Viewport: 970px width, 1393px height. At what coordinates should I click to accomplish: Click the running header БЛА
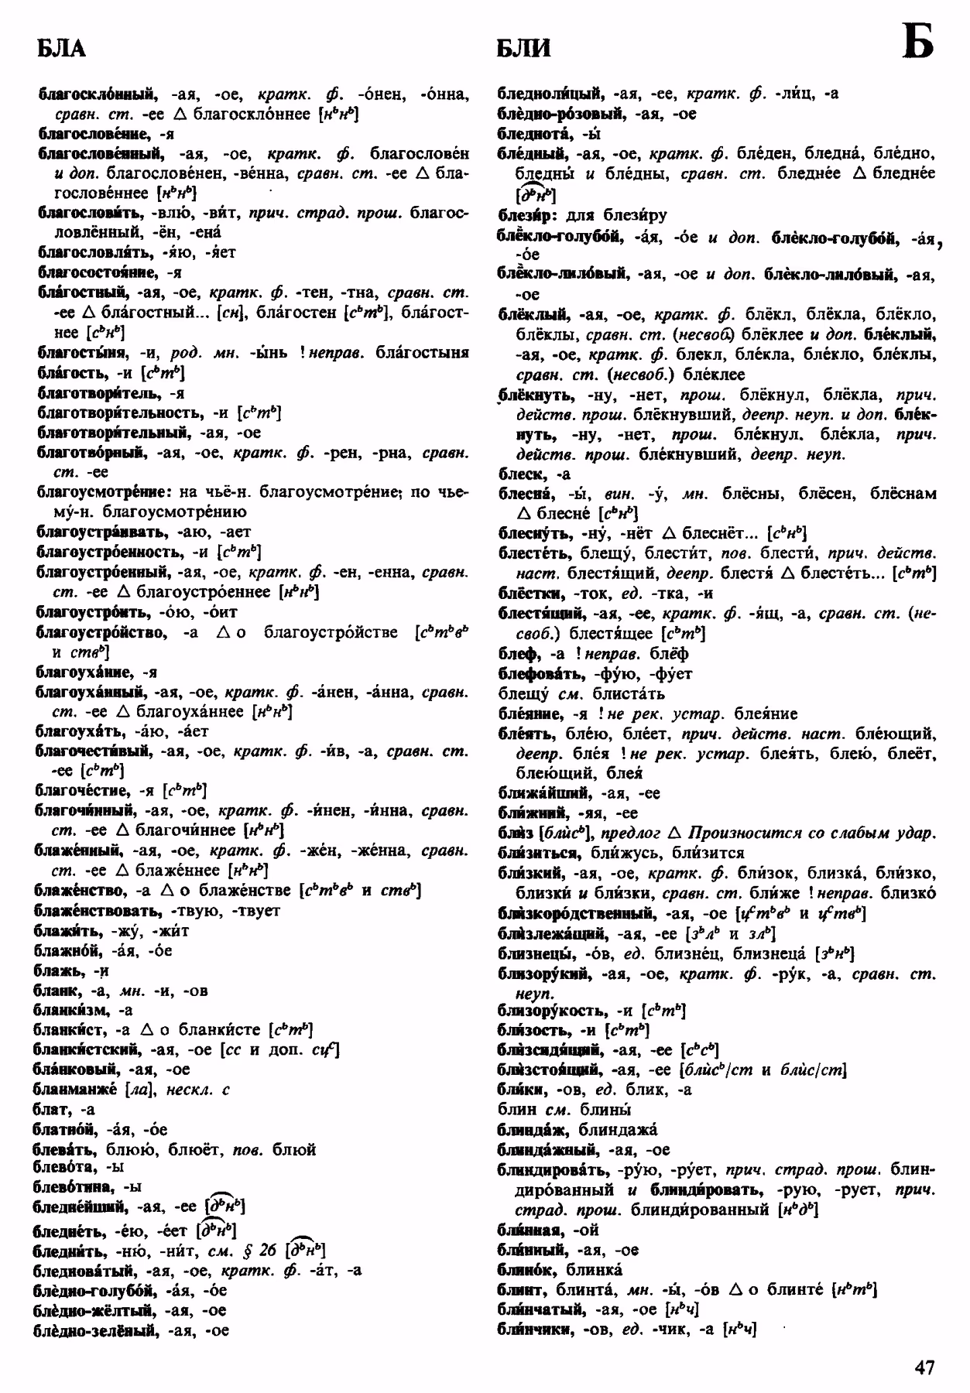pos(61,49)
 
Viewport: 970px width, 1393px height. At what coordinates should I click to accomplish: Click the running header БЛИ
pos(524,49)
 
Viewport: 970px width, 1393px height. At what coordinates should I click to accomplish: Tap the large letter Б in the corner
pos(917,43)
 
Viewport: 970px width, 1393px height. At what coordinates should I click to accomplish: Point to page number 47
pos(924,1367)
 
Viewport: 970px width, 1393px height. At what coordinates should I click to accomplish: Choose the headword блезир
pos(523,214)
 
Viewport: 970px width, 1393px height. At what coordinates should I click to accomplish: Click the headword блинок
pos(528,1270)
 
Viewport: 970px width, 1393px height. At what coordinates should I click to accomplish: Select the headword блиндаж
pos(533,1130)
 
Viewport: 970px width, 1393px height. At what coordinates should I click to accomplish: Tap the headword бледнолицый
pos(550,94)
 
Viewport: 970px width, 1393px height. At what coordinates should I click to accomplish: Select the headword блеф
pos(517,654)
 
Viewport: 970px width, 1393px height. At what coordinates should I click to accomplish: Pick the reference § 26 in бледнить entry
pos(259,1250)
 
